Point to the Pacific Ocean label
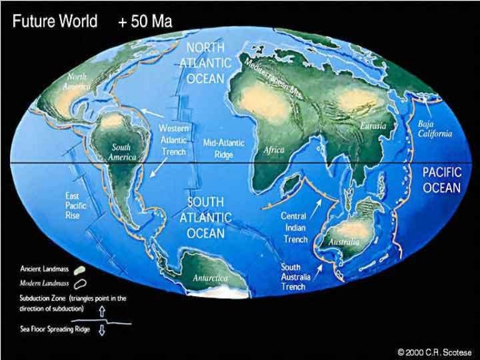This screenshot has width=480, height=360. [441, 179]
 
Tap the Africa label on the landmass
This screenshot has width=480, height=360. [274, 150]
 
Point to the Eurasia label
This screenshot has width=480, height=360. [373, 126]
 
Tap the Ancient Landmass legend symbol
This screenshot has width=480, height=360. [80, 270]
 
